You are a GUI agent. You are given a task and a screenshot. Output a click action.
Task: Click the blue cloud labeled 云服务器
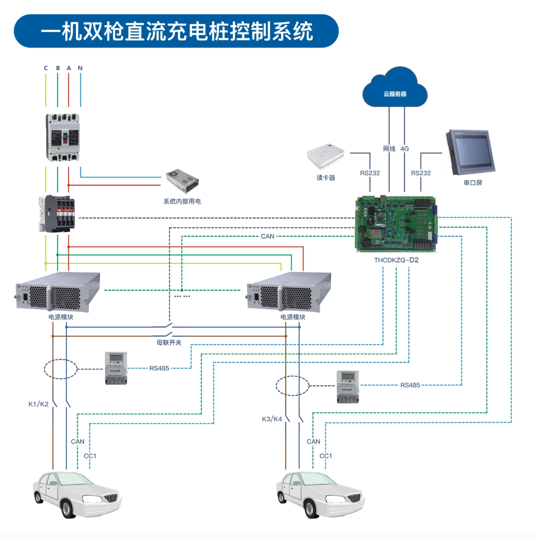[x=395, y=89]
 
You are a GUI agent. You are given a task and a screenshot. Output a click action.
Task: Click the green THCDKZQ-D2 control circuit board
[x=396, y=224]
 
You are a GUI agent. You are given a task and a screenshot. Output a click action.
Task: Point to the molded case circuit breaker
[x=63, y=137]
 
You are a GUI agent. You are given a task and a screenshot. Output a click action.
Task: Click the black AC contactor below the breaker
[x=57, y=214]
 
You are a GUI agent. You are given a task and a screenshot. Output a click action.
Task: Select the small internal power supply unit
[x=182, y=181]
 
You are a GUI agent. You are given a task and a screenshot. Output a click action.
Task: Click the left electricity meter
[x=116, y=368]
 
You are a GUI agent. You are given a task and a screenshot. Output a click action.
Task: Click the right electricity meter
[x=348, y=386]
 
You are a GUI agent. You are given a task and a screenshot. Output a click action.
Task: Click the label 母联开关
[x=169, y=342]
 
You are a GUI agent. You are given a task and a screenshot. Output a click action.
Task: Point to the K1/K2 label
[x=39, y=404]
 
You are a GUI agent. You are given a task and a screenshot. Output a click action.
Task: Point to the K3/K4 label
[x=272, y=419]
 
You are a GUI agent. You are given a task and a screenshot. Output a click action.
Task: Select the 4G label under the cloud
[x=404, y=148]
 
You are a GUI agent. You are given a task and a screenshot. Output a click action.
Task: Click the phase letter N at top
[x=80, y=68]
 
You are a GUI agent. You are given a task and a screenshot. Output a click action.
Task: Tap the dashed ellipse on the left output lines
[x=61, y=369]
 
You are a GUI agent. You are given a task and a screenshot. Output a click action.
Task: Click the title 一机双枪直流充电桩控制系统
[x=176, y=31]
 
